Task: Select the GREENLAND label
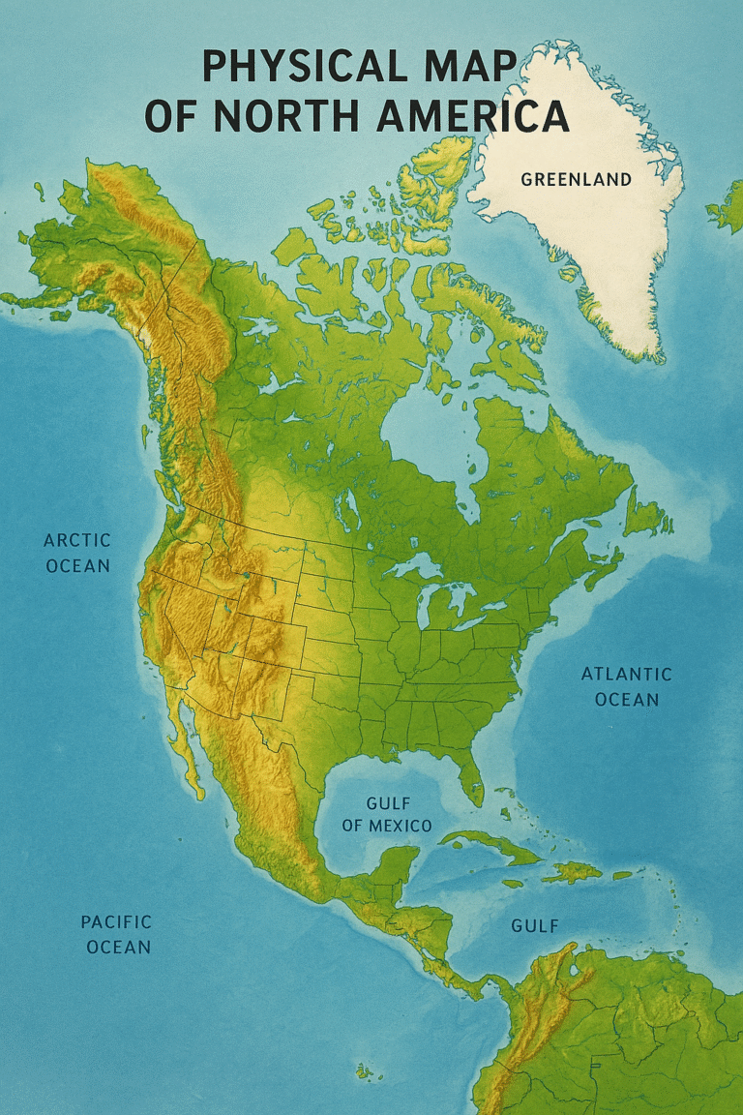576,179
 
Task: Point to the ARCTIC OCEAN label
78,553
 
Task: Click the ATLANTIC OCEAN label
626,686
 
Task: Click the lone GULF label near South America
535,926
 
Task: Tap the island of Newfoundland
644,514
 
